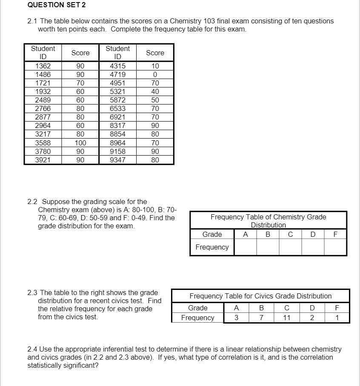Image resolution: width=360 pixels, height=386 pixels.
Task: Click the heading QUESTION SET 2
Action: coord(51,5)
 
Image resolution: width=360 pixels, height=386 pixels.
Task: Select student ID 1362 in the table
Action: coord(43,66)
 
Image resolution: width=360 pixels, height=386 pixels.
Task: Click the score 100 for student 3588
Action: coord(80,143)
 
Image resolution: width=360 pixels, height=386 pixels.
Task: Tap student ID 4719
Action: coord(117,74)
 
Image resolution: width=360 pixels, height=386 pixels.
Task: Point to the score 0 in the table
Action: coord(155,74)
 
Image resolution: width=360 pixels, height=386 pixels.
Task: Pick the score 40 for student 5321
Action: coord(155,91)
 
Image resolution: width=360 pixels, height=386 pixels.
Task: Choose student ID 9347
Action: coord(117,160)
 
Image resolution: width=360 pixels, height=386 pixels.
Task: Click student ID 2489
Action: coord(43,100)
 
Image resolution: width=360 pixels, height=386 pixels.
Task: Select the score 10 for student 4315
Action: coord(155,66)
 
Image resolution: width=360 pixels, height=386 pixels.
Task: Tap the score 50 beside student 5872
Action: coord(155,100)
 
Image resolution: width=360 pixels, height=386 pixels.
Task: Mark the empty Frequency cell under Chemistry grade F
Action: coord(335,247)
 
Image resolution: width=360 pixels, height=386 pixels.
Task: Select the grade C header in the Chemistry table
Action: coord(290,234)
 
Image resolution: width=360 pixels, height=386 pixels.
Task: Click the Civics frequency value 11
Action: coord(287,318)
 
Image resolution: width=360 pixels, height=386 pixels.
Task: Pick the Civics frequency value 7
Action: coord(262,318)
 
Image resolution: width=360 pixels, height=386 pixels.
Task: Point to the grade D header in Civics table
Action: coord(312,308)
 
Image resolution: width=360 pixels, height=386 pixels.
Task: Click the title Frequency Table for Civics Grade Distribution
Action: coord(260,296)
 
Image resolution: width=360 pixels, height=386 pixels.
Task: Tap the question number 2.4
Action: coord(32,349)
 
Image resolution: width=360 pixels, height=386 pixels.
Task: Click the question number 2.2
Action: coord(32,202)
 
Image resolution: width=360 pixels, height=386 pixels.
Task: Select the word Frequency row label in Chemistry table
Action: coord(212,247)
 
